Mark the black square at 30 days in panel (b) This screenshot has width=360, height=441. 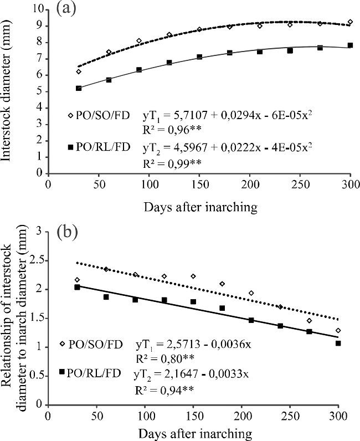(x=78, y=287)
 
